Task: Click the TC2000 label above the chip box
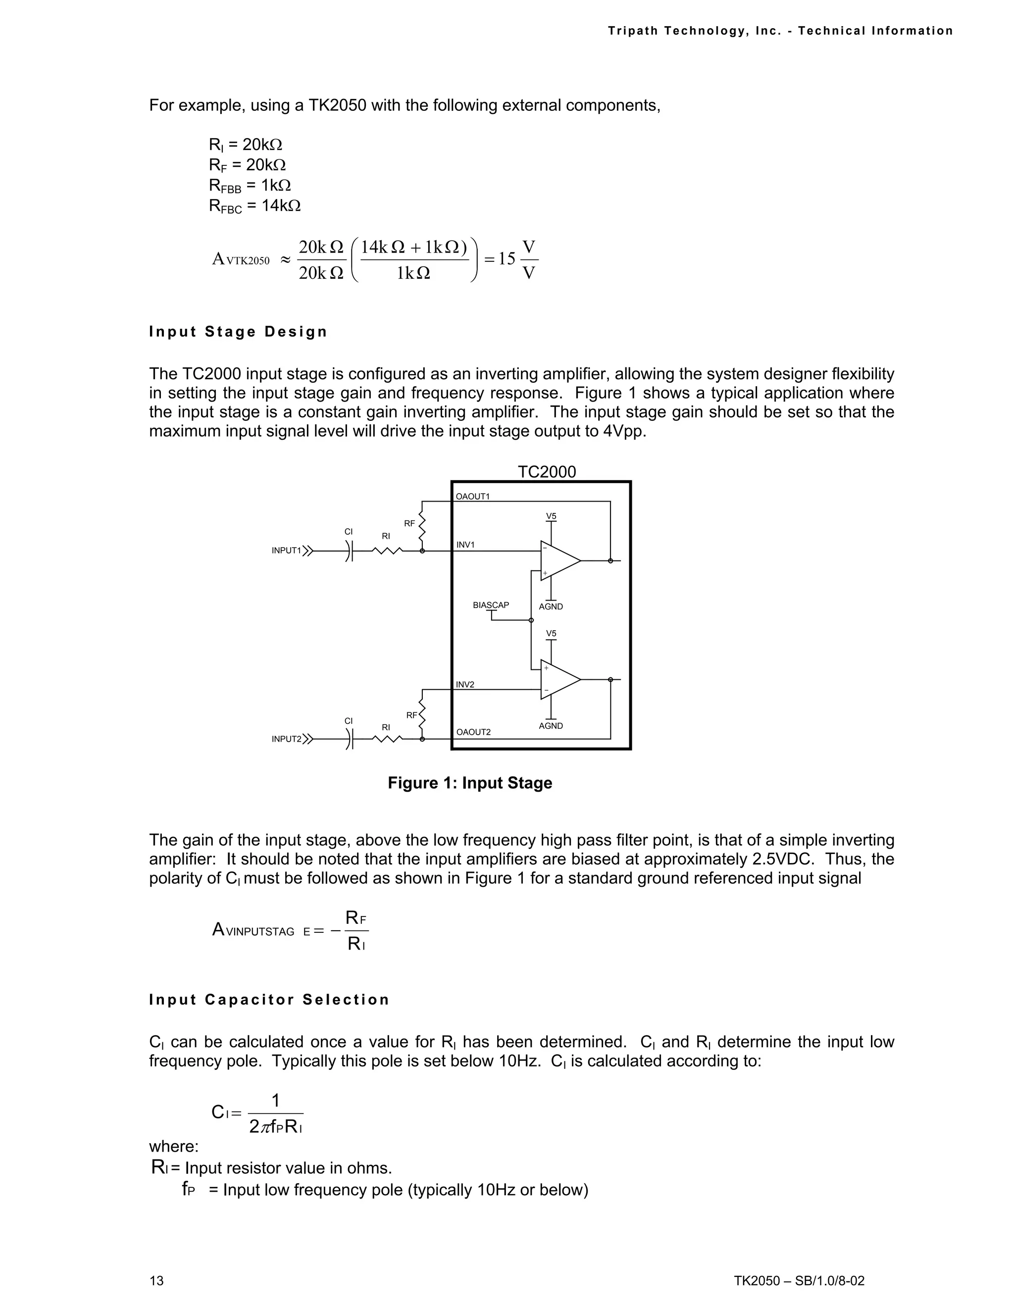(x=546, y=471)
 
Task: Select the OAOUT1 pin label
(x=473, y=496)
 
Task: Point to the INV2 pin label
(x=465, y=684)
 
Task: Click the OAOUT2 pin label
(x=473, y=732)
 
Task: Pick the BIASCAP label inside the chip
(x=490, y=605)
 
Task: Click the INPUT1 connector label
(x=286, y=550)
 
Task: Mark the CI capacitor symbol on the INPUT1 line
(x=350, y=550)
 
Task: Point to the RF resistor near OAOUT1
(x=422, y=526)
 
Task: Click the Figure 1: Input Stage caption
(x=470, y=783)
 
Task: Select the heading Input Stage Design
(x=238, y=332)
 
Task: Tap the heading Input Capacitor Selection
(x=269, y=1000)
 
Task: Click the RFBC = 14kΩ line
(x=254, y=206)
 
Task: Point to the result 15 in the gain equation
(x=507, y=259)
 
